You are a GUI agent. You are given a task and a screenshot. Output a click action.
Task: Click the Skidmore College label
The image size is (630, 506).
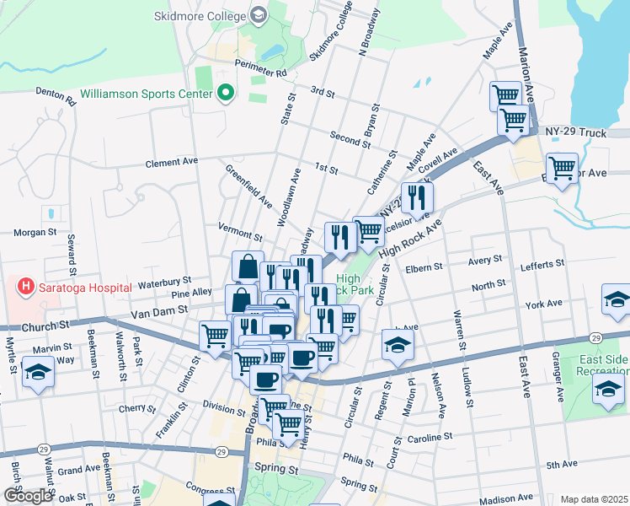click(x=200, y=16)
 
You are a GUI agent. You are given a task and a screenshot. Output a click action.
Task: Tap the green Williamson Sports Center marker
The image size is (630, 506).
click(x=225, y=93)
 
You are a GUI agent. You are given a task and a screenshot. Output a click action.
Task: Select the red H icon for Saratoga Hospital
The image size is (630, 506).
click(x=26, y=288)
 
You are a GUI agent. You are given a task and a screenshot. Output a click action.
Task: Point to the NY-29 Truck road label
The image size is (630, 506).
click(x=575, y=132)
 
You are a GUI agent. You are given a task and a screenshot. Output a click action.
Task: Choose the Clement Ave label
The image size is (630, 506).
click(x=171, y=161)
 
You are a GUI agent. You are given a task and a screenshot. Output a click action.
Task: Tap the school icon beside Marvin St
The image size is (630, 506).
click(x=38, y=372)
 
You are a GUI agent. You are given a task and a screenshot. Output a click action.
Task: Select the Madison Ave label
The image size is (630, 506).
click(x=508, y=498)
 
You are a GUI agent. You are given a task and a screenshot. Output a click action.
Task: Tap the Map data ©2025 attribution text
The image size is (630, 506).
click(x=595, y=499)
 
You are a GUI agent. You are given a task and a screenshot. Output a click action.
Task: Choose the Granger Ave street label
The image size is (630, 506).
click(x=557, y=379)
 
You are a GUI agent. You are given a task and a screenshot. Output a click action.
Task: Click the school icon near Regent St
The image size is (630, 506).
click(x=398, y=344)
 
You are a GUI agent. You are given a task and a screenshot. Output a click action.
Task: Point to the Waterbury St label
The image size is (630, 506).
click(x=165, y=279)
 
